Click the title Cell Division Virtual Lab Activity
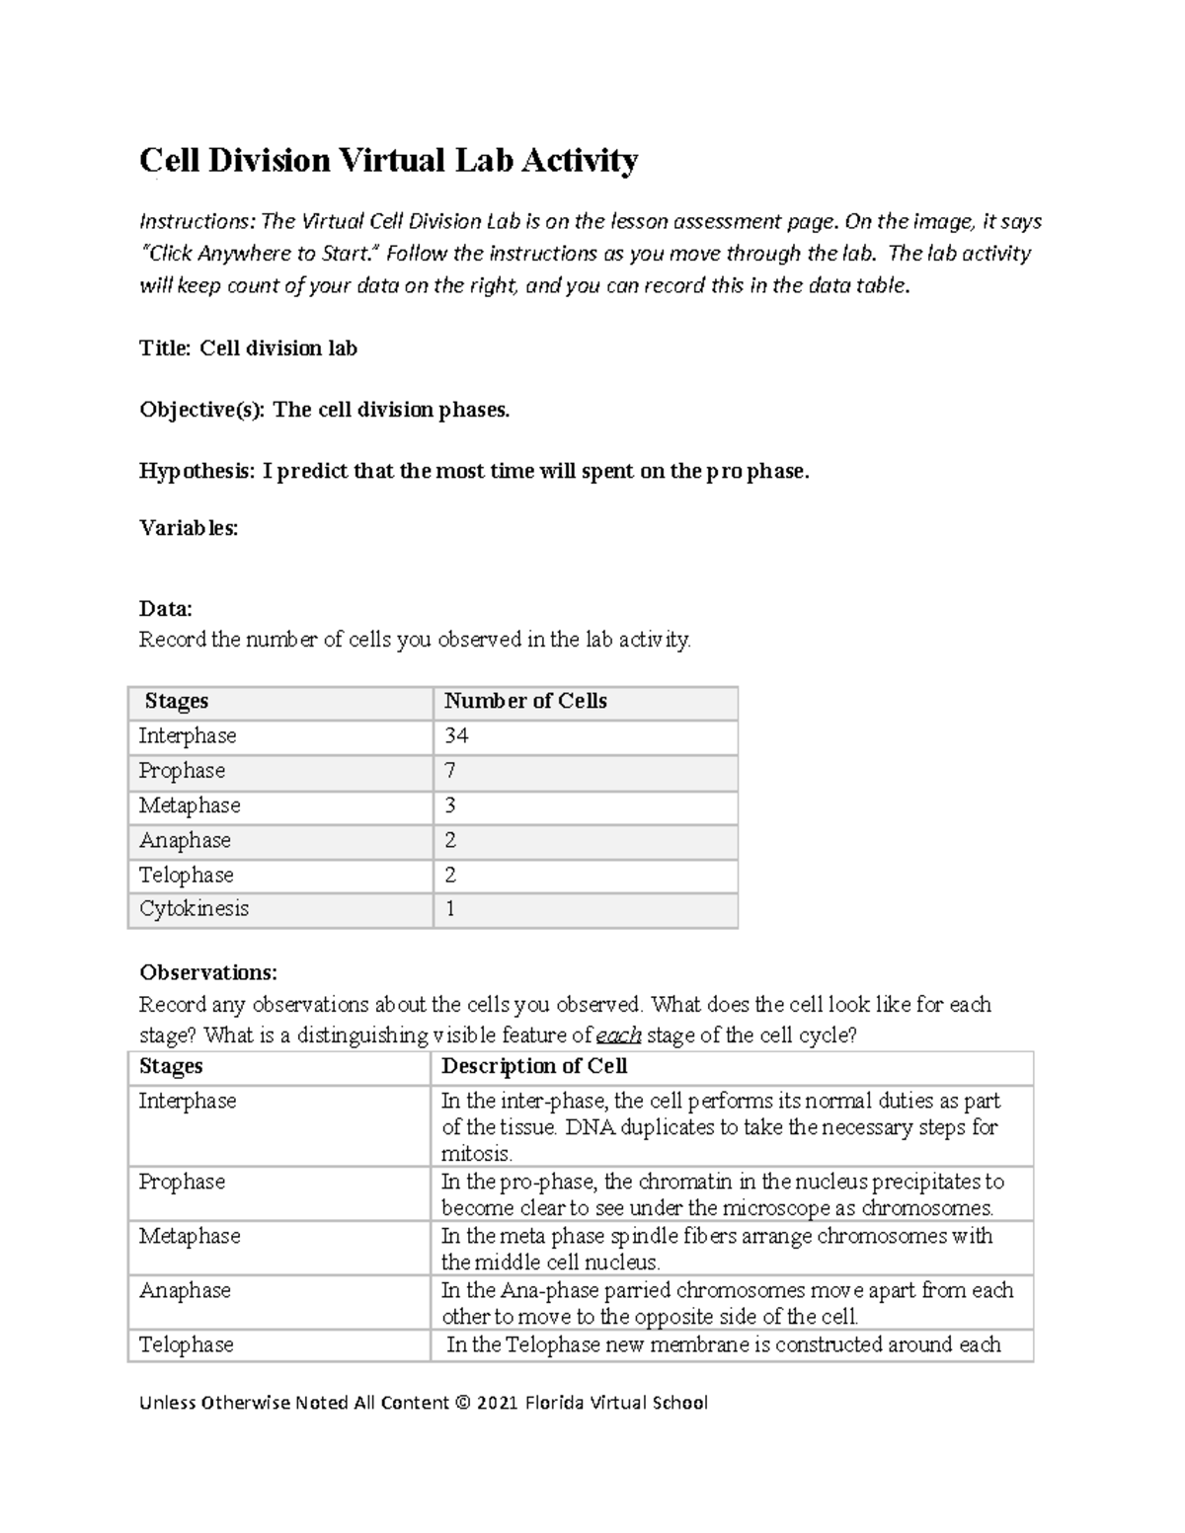pos(388,160)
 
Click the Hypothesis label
pos(196,471)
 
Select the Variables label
pos(189,528)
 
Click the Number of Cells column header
pos(524,702)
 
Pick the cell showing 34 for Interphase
pos(456,736)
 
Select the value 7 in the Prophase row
pos(450,771)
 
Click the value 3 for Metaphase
pos(450,805)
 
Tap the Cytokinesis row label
pos(194,909)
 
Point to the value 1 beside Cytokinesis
pos(450,909)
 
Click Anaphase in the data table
pos(185,840)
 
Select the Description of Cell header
pos(533,1066)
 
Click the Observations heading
pos(208,972)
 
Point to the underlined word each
pos(619,1035)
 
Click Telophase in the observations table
pos(186,1344)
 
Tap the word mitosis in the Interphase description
pos(475,1154)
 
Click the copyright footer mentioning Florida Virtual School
pos(424,1403)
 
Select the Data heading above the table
pos(165,608)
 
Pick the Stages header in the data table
pos(176,702)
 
